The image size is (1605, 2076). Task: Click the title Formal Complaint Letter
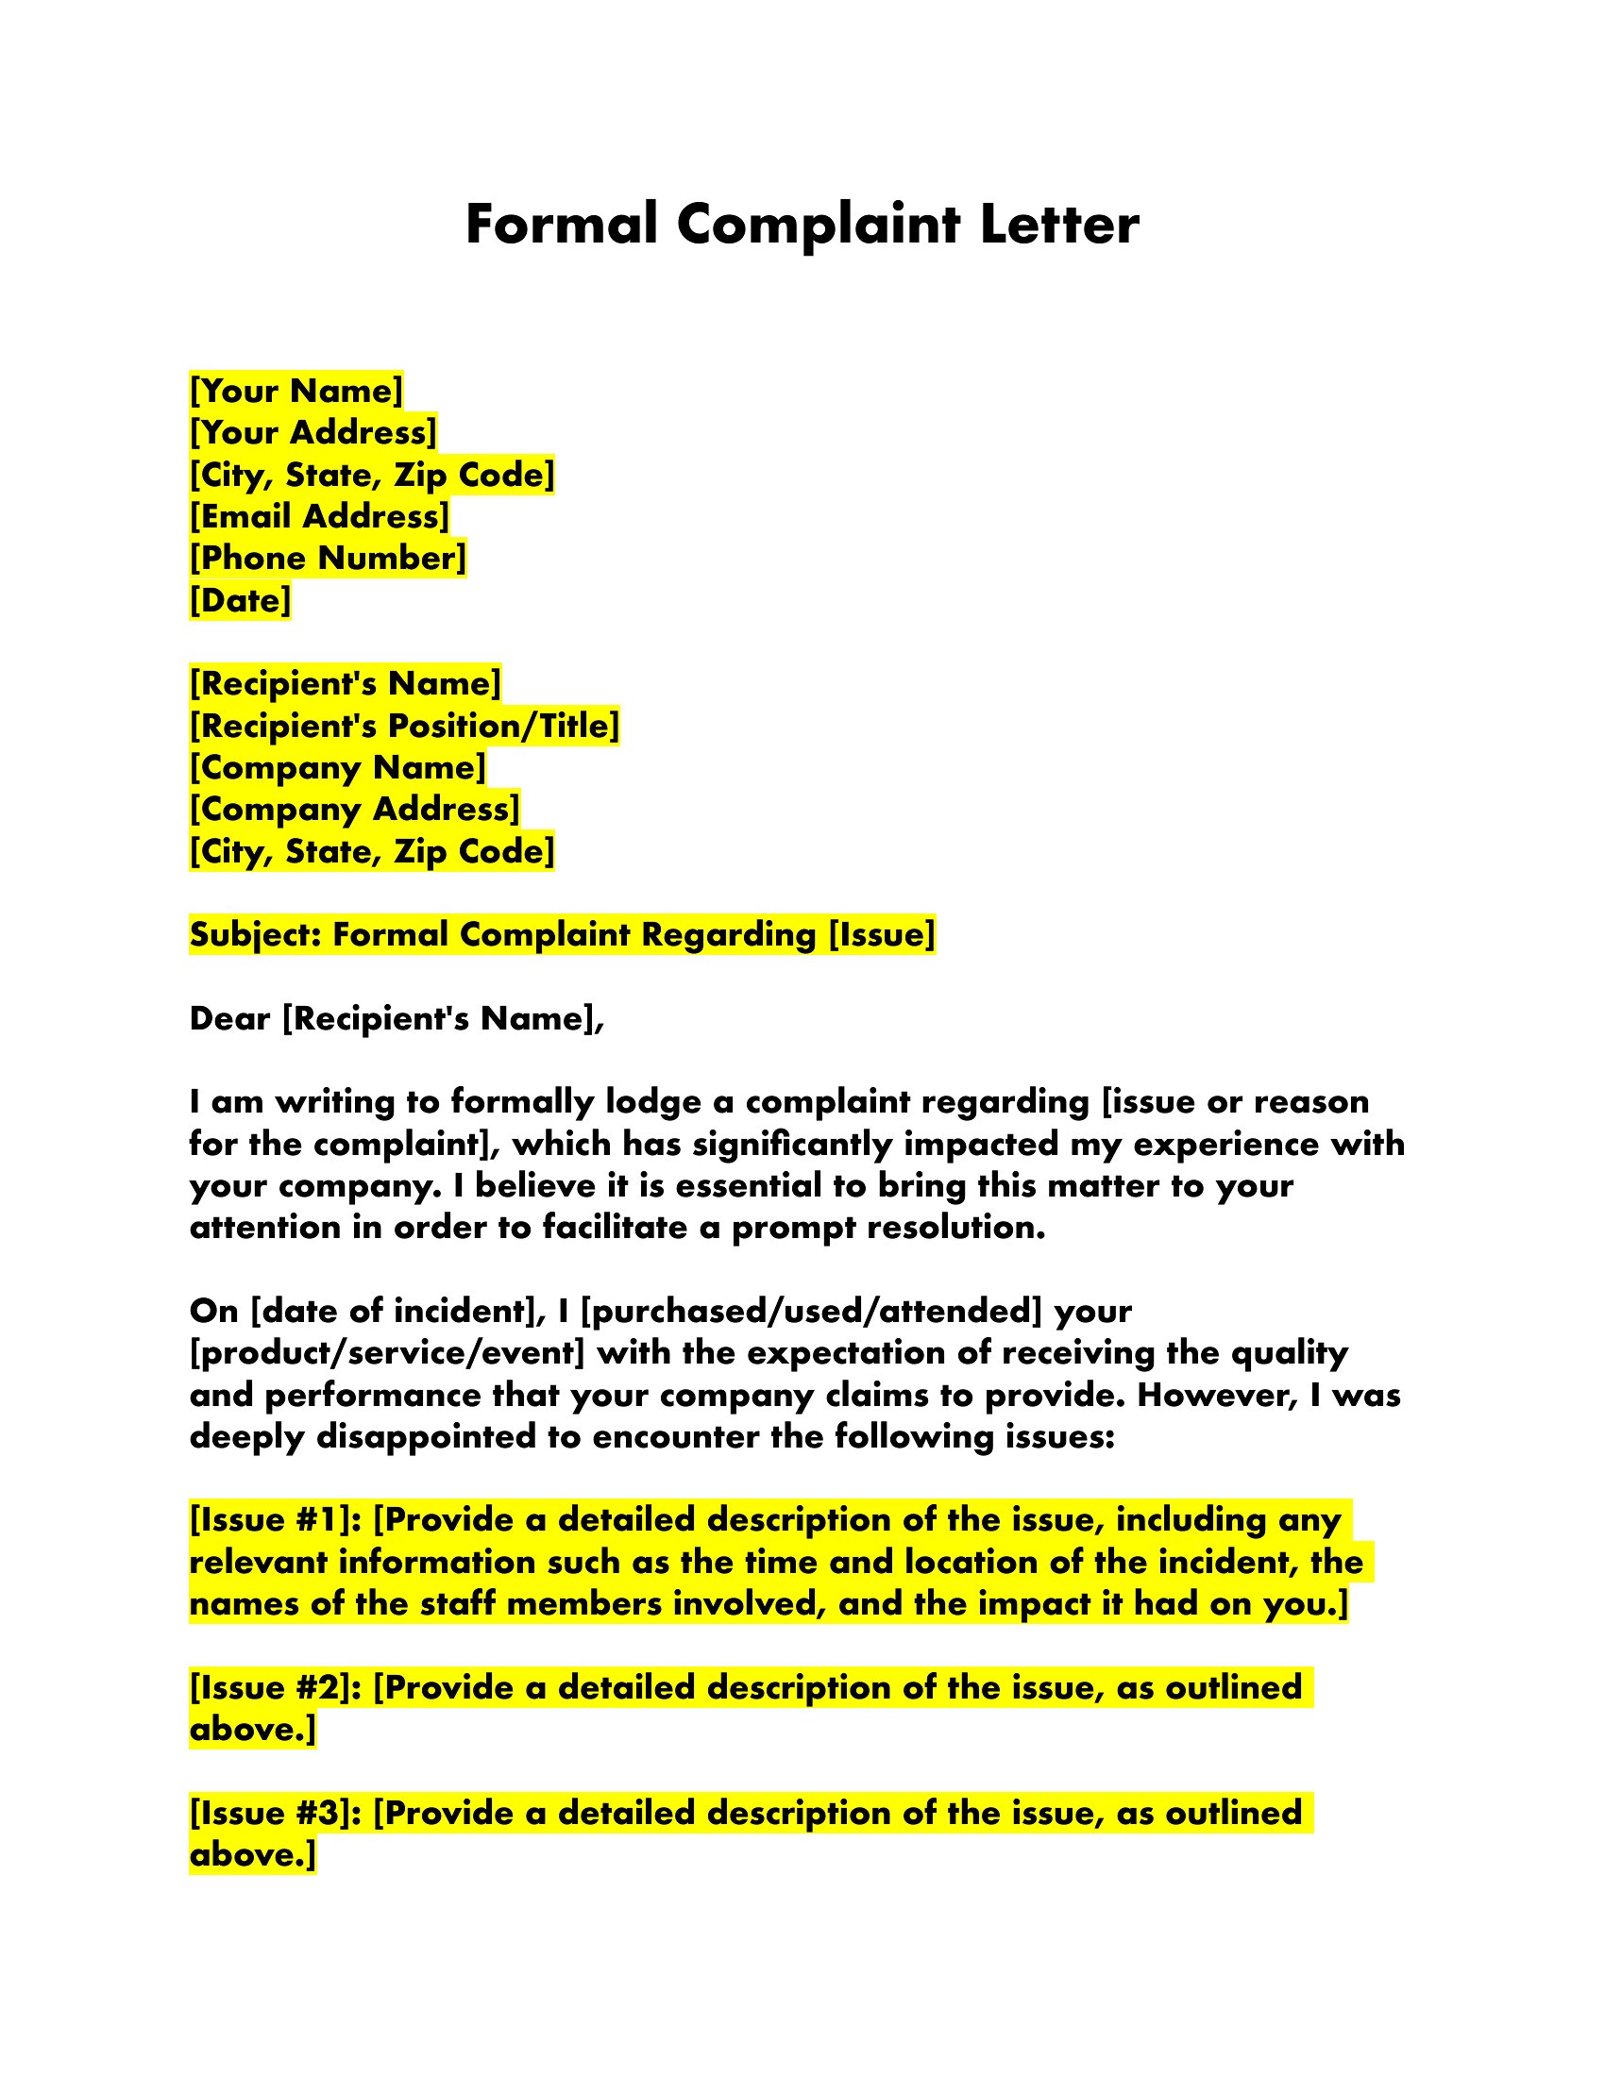click(802, 226)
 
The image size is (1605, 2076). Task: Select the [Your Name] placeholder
click(296, 391)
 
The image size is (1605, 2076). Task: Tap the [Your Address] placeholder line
click(313, 432)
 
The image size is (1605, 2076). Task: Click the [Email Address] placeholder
click(319, 516)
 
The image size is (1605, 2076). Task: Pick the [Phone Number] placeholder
click(328, 558)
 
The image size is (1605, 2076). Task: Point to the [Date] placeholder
click(241, 600)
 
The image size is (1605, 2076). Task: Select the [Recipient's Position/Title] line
click(405, 726)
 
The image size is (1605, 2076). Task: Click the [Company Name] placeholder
click(338, 767)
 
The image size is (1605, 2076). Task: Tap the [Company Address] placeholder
click(355, 809)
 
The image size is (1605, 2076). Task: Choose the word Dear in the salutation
click(231, 1019)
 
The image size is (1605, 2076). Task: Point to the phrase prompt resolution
click(888, 1228)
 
